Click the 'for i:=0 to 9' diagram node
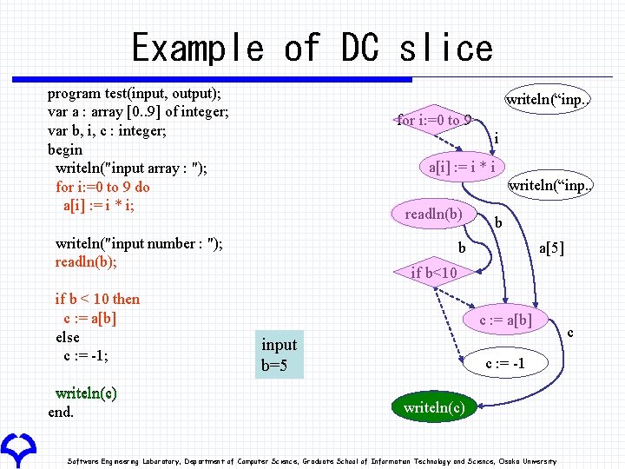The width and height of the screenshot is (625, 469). [x=433, y=120]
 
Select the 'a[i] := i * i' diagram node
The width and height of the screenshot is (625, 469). [x=462, y=165]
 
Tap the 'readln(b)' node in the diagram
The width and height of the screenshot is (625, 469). [x=433, y=214]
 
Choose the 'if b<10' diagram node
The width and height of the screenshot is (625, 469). [x=433, y=273]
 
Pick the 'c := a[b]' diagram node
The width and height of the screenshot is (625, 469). [x=506, y=320]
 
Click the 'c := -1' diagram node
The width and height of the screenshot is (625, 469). [x=504, y=363]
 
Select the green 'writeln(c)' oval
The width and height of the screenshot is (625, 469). [x=433, y=406]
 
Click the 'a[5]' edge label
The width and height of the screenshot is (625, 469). [x=551, y=249]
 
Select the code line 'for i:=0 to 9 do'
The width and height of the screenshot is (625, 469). [x=102, y=187]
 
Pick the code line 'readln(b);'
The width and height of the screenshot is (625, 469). [x=86, y=262]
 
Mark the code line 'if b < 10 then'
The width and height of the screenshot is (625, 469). [x=97, y=299]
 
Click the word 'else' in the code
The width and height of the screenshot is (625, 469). [x=67, y=337]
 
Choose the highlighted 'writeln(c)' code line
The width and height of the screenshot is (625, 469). [x=86, y=393]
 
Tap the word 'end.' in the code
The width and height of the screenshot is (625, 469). [x=61, y=412]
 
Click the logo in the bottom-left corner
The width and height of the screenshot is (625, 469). [x=17, y=448]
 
